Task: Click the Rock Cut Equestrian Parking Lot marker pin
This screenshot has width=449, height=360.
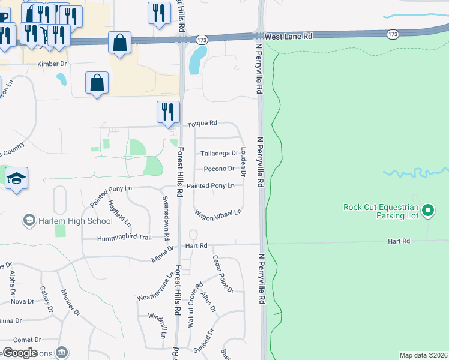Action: [428, 210]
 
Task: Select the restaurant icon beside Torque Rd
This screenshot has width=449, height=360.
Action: [168, 112]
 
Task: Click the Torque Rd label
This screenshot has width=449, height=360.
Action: [202, 124]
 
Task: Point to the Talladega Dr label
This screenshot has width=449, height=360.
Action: [218, 154]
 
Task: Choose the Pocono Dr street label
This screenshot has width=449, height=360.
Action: [218, 169]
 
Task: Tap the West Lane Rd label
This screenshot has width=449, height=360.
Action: [289, 37]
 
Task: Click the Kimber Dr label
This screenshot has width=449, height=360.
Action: [52, 63]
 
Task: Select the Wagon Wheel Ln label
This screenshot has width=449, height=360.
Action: [218, 212]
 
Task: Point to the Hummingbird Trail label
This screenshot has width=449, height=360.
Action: [125, 238]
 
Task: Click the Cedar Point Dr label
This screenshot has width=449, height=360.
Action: [222, 274]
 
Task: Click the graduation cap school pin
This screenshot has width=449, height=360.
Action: [17, 178]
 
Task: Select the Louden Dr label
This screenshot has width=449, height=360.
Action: [243, 162]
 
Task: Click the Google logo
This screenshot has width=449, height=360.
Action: [20, 353]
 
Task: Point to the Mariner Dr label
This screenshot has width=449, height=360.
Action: [70, 302]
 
